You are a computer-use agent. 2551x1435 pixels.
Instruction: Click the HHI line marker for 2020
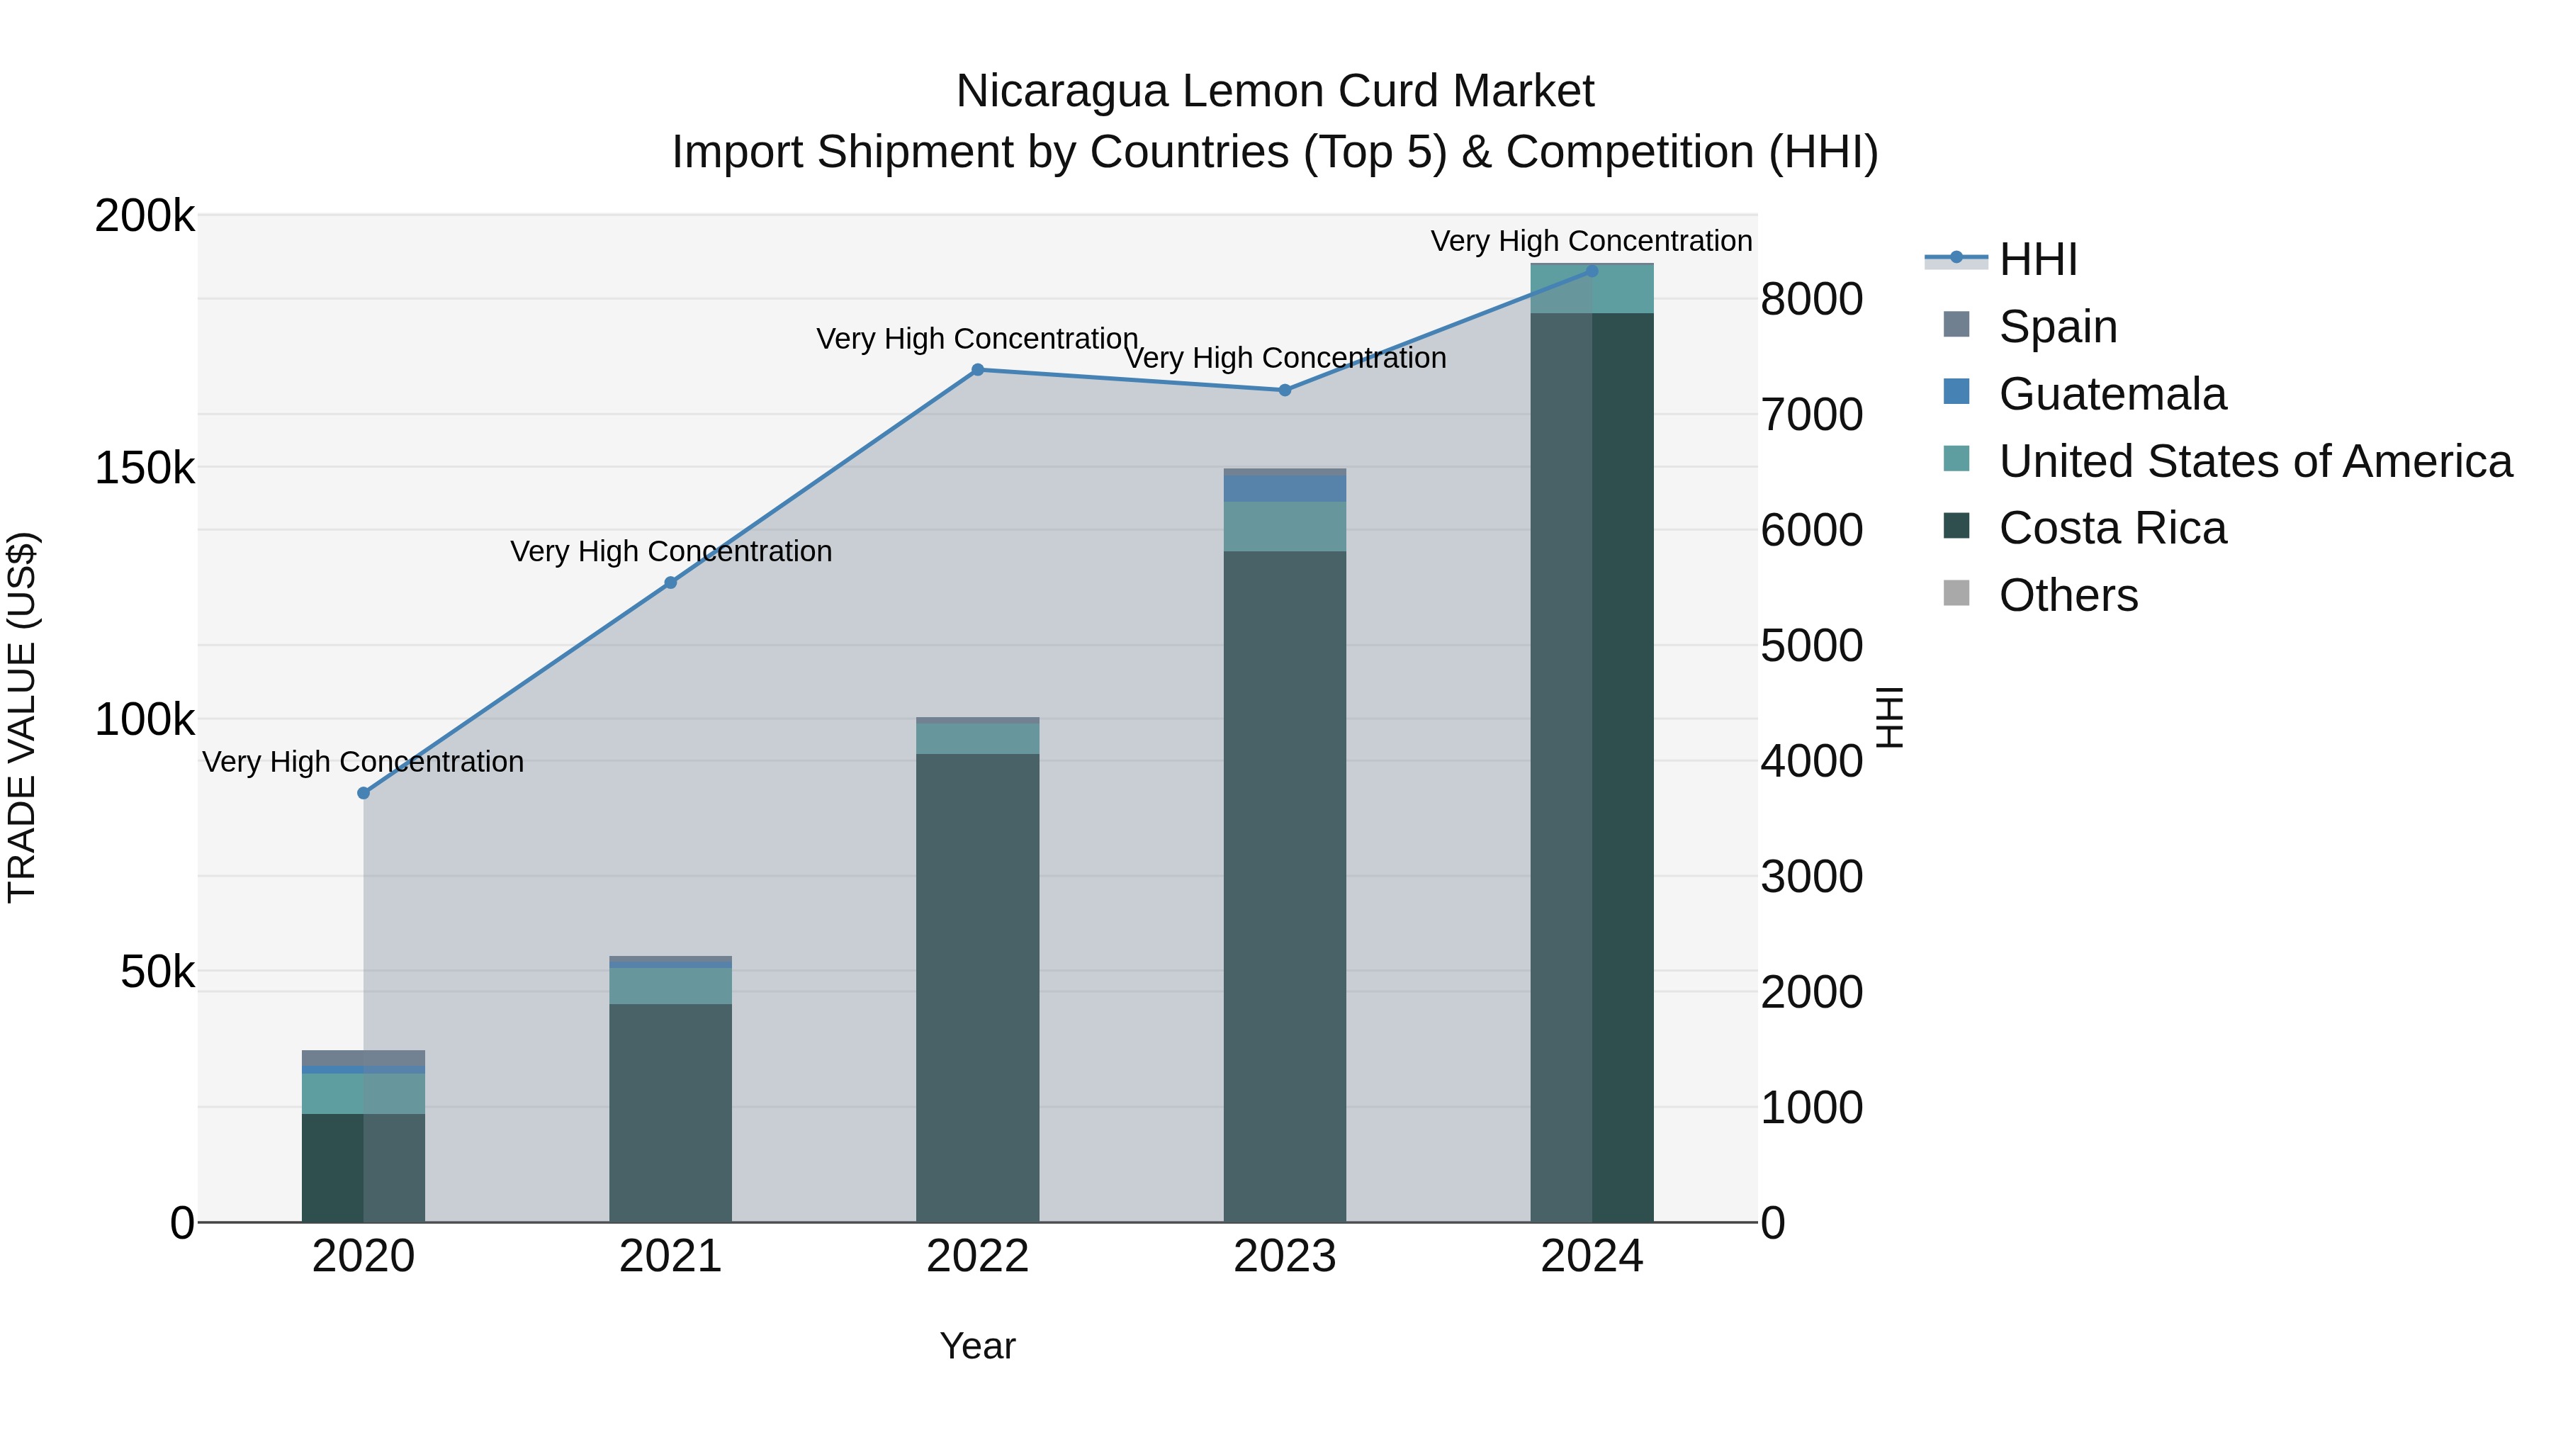364,793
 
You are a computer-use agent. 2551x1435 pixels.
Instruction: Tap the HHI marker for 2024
1592,271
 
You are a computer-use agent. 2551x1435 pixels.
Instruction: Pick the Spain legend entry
2058,327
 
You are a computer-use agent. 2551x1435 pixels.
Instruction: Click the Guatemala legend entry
2112,394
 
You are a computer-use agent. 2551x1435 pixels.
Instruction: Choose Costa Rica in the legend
2112,529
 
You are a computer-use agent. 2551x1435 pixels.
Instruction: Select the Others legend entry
2068,596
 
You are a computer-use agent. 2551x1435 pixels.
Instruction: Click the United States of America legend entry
2255,461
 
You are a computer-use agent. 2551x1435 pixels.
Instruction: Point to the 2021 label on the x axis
670,1256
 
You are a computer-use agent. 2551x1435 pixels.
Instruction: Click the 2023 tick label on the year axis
1285,1256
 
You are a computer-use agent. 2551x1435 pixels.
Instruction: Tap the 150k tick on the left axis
145,468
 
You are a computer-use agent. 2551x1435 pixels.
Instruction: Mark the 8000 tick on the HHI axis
1811,299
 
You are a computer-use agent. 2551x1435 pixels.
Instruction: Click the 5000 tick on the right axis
1811,646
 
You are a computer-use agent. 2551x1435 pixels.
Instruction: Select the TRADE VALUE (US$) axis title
22,717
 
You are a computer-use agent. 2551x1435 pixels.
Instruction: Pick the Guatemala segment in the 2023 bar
1285,489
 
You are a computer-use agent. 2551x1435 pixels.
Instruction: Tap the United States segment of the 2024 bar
1592,289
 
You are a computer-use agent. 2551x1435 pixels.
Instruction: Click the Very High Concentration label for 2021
670,551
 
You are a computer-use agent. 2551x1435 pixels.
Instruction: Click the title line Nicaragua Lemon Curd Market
1275,91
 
